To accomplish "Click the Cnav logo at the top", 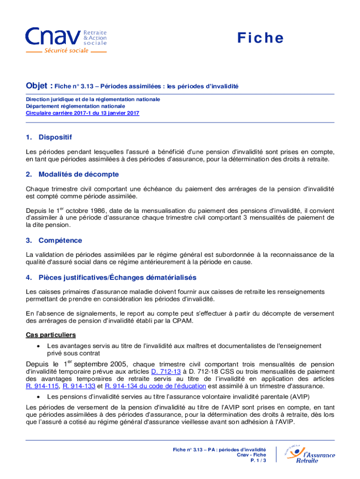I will (x=65, y=40).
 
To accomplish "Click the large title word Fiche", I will (x=260, y=38).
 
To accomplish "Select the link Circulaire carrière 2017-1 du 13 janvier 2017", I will (x=82, y=113).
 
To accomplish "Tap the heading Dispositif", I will (x=55, y=137).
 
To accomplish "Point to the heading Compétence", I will (x=60, y=240).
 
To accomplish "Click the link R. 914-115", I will (x=43, y=386).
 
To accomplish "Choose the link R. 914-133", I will (x=79, y=386).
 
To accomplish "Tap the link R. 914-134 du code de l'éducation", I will (x=155, y=386).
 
